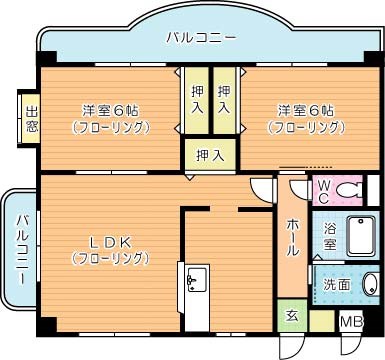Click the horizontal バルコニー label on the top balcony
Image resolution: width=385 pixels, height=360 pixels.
pos(201,38)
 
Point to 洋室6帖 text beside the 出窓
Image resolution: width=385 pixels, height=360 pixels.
pos(111,110)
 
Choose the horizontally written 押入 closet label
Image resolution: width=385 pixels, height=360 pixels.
pos(209,155)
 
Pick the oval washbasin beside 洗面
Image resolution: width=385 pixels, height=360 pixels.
pos(369,283)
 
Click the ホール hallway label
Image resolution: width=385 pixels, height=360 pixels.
pos(293,238)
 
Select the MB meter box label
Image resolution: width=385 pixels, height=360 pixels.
pos(350,322)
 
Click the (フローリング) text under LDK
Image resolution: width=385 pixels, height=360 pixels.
pos(109,259)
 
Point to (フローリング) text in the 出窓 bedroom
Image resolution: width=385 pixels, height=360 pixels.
pos(111,127)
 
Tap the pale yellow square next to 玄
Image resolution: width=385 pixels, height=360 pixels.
pos(321,320)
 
